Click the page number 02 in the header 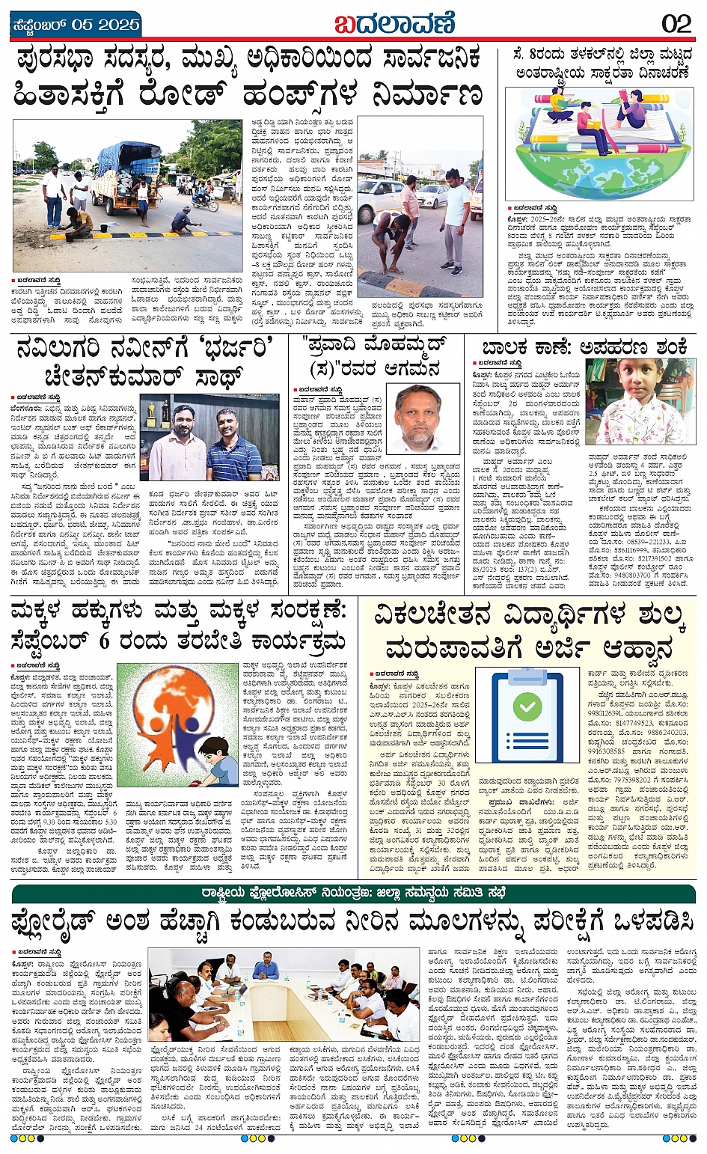676,23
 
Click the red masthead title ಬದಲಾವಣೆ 395,23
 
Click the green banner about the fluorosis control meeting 352,894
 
